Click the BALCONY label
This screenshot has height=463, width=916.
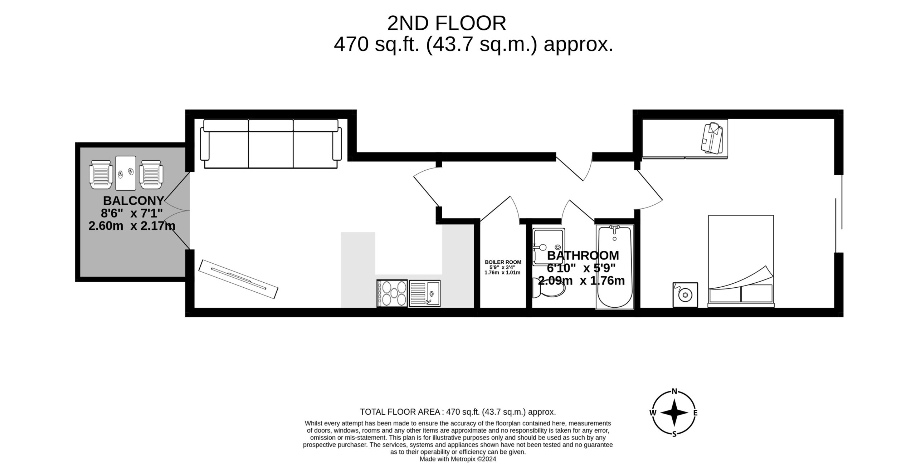click(133, 201)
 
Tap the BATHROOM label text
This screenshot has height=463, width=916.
click(583, 255)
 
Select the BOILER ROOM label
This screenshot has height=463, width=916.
click(503, 262)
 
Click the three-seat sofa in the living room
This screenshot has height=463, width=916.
click(271, 144)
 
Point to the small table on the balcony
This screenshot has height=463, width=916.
click(126, 173)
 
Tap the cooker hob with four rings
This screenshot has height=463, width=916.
click(392, 293)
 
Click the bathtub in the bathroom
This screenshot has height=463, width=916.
click(614, 267)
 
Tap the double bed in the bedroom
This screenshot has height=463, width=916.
click(741, 261)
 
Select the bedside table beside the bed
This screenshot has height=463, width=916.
click(685, 295)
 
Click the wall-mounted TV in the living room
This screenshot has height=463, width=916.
click(238, 279)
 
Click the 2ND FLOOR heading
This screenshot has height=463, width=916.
click(447, 24)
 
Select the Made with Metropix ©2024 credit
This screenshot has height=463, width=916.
click(458, 459)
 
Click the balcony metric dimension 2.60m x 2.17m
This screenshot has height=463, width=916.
click(132, 226)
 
